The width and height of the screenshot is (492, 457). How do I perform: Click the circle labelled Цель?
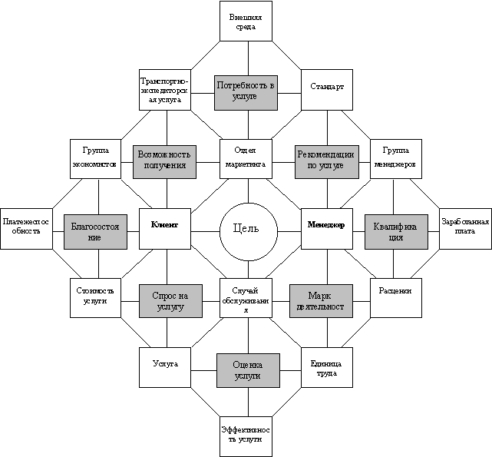coord(246,229)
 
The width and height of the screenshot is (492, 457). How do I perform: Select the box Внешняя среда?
coord(246,21)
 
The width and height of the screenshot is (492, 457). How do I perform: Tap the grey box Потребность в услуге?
coord(246,92)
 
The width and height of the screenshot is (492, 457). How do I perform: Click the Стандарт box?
coord(327,87)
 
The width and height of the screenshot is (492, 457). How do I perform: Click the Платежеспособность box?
coord(26,227)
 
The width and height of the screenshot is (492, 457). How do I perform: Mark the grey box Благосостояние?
coord(94,231)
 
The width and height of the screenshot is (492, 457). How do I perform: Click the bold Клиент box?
coord(165,227)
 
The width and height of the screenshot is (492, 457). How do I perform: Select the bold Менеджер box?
coord(326,227)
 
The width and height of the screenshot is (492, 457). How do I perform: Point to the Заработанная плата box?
coord(464,227)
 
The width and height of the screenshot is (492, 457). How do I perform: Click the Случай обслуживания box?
coord(246,299)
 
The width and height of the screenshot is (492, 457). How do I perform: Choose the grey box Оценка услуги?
coord(247,371)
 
